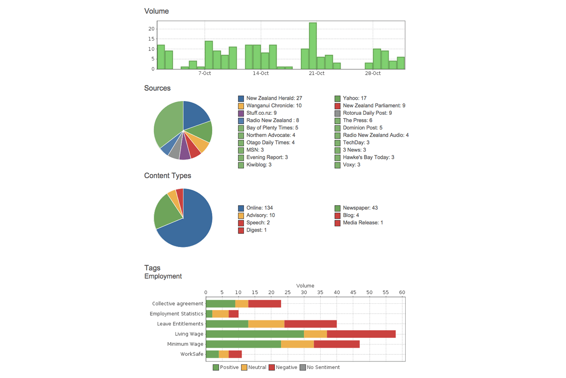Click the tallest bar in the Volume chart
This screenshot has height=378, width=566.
(x=313, y=46)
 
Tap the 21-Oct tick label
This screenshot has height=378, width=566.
(x=316, y=74)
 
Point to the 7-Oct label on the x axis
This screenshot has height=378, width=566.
(x=205, y=74)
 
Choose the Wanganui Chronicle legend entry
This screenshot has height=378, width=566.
(x=274, y=106)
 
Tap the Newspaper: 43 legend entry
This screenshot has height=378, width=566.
(x=360, y=208)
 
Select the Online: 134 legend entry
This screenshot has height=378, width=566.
(x=259, y=208)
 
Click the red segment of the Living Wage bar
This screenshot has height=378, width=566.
(x=361, y=334)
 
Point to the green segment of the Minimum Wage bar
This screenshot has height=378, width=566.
(x=243, y=344)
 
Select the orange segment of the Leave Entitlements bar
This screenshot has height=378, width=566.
(x=266, y=324)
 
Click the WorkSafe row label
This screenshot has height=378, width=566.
(x=191, y=354)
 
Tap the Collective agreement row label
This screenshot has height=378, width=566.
(x=177, y=304)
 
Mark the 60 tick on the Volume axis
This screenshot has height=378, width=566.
(x=402, y=293)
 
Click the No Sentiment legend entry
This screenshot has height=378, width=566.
(x=323, y=367)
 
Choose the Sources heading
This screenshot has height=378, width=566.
(x=158, y=88)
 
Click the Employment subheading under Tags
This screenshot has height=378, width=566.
(x=163, y=276)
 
